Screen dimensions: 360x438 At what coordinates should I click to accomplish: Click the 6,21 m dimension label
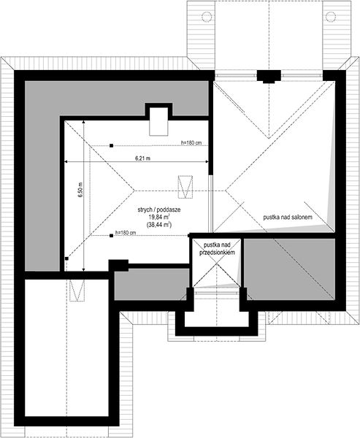tap(143, 158)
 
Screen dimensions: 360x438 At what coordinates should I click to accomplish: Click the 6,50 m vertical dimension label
tap(80, 191)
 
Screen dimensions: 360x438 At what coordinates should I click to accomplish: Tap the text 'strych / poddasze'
tap(158, 210)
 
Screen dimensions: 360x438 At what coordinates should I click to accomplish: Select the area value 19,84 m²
tap(158, 217)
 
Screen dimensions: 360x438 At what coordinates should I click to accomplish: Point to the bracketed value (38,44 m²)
tap(158, 224)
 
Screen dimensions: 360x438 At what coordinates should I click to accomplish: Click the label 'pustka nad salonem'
tap(288, 217)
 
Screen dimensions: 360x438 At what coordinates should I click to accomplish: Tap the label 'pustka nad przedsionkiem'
tap(217, 249)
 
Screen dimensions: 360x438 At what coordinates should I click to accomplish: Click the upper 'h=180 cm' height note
tap(191, 143)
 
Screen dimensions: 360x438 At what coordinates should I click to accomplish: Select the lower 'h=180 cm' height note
tap(126, 232)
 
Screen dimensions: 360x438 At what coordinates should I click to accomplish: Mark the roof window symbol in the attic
tap(185, 187)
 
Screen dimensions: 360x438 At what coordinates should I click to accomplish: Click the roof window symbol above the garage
tap(77, 291)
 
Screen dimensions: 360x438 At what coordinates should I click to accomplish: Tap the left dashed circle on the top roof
tap(207, 16)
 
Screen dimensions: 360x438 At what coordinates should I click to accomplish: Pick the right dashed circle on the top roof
tap(330, 16)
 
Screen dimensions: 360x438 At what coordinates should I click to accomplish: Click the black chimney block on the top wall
tap(269, 76)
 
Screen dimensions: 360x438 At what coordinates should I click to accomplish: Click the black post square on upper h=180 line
tap(111, 145)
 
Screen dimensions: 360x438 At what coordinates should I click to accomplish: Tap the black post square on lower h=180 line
tap(111, 236)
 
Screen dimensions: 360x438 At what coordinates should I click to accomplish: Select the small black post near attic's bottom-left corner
tap(66, 258)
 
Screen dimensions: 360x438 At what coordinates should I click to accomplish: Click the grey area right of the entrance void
tap(289, 269)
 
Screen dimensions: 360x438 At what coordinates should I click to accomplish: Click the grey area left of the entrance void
tap(151, 285)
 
